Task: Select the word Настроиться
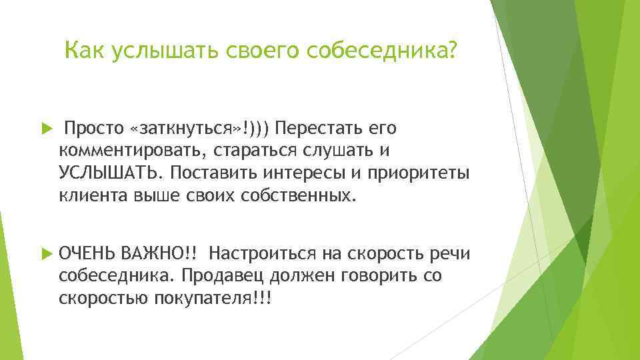click(x=262, y=253)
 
